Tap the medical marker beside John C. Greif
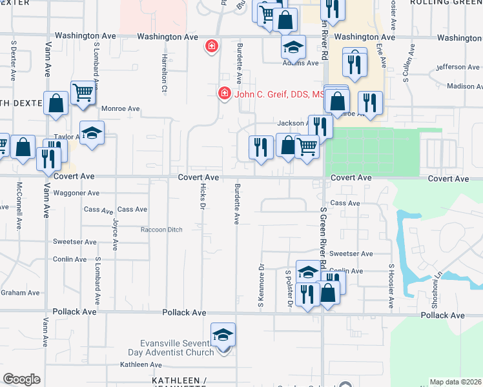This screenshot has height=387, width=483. tap(225, 94)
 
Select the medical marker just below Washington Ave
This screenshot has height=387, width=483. tap(211, 46)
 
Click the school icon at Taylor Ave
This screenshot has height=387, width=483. tap(92, 133)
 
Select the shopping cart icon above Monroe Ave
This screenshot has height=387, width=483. tap(83, 94)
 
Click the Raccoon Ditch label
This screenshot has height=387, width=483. tap(162, 230)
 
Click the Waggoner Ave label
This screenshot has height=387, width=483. tap(76, 193)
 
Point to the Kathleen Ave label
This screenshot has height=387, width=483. tap(141, 365)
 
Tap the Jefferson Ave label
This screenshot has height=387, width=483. tap(458, 67)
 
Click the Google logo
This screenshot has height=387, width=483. tap(21, 379)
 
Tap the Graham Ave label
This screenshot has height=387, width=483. tap(12, 293)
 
